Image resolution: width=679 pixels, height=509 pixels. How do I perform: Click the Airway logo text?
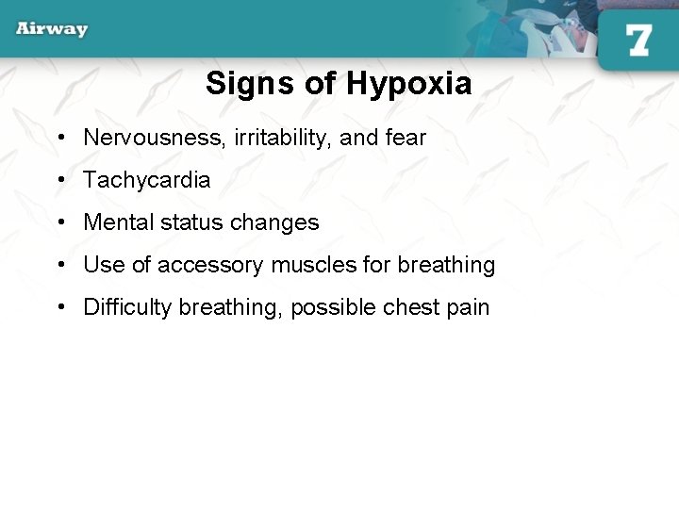52,28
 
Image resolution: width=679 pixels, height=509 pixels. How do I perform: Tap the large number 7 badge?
638,40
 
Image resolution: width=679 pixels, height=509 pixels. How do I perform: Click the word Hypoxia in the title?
408,84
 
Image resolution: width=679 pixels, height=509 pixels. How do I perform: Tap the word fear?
406,138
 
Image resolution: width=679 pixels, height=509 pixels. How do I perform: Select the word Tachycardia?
147,180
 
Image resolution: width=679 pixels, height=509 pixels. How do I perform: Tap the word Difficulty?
127,307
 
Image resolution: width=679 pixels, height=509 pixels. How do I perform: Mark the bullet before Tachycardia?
60,181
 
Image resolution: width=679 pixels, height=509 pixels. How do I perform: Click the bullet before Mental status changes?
60,223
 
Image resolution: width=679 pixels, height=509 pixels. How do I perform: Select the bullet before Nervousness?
60,139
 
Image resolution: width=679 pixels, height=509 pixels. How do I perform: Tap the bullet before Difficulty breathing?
60,308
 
